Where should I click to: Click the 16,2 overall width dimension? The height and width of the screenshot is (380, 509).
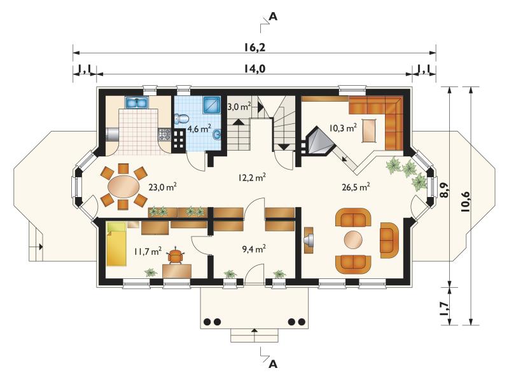pyautogui.click(x=255, y=47)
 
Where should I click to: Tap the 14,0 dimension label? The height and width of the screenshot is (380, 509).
pyautogui.click(x=255, y=69)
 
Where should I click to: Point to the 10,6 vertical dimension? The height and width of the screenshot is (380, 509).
pyautogui.click(x=465, y=201)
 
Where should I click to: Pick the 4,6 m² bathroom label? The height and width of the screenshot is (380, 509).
pyautogui.click(x=199, y=129)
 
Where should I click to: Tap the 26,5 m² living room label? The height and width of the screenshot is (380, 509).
pyautogui.click(x=356, y=186)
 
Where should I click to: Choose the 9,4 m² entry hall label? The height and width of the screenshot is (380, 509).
pyautogui.click(x=254, y=248)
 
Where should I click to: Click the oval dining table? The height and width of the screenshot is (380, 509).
pyautogui.click(x=123, y=186)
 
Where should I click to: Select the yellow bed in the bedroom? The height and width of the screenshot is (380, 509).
pyautogui.click(x=116, y=244)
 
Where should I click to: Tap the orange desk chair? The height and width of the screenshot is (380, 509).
pyautogui.click(x=176, y=256)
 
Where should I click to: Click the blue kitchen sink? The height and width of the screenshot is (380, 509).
pyautogui.click(x=137, y=103)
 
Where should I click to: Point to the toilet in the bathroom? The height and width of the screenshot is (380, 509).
pyautogui.click(x=181, y=118)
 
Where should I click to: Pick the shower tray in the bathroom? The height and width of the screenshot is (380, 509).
pyautogui.click(x=212, y=105)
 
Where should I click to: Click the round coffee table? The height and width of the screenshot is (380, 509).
pyautogui.click(x=353, y=240)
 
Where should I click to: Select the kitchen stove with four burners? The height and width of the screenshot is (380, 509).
pyautogui.click(x=164, y=134)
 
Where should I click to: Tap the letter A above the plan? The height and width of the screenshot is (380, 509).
pyautogui.click(x=274, y=17)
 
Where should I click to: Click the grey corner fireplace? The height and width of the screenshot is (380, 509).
pyautogui.click(x=320, y=142)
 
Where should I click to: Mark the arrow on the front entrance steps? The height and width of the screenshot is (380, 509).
pyautogui.click(x=254, y=330)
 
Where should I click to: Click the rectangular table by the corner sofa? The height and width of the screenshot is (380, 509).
pyautogui.click(x=370, y=131)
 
